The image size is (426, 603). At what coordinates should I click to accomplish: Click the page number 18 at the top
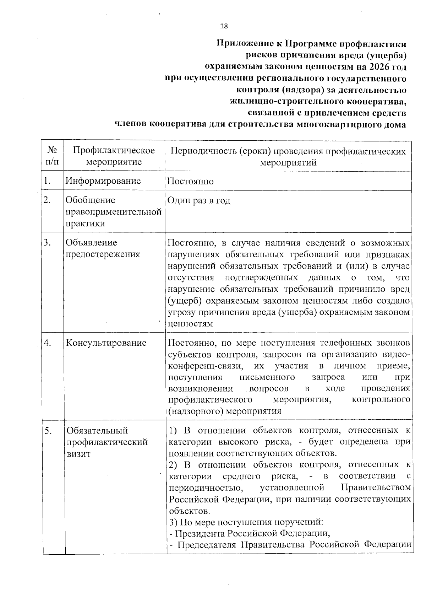coord(224,26)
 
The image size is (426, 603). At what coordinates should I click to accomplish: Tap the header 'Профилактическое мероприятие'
coord(114,156)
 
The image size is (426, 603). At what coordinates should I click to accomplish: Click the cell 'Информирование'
coord(103,181)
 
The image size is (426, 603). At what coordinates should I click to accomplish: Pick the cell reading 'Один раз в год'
coord(199,200)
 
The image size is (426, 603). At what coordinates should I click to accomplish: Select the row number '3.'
coord(48,243)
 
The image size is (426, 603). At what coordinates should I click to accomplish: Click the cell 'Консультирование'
coord(106,343)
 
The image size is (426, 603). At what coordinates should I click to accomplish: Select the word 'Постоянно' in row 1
coord(190,182)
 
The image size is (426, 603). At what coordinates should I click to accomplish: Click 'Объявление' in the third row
coord(91,243)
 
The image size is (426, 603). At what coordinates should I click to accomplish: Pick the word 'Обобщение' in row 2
coord(91,200)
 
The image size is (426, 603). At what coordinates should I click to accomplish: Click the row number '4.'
coord(48,343)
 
